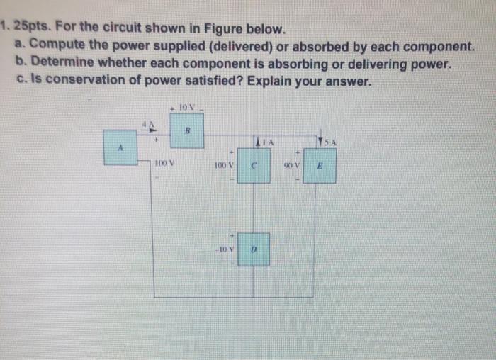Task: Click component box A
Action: [x=120, y=147]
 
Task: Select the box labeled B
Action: [x=186, y=130]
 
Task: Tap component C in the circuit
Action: [x=253, y=166]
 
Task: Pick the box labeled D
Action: [x=253, y=249]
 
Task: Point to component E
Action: [x=320, y=166]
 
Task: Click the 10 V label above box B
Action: [x=187, y=106]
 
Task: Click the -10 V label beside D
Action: [x=225, y=249]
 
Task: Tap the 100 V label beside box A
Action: [x=164, y=164]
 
